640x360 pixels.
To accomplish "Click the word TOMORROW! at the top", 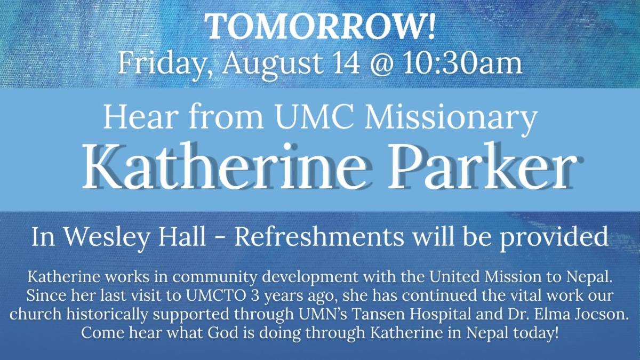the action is [321, 27].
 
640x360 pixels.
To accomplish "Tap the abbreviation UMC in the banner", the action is [317, 117].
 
